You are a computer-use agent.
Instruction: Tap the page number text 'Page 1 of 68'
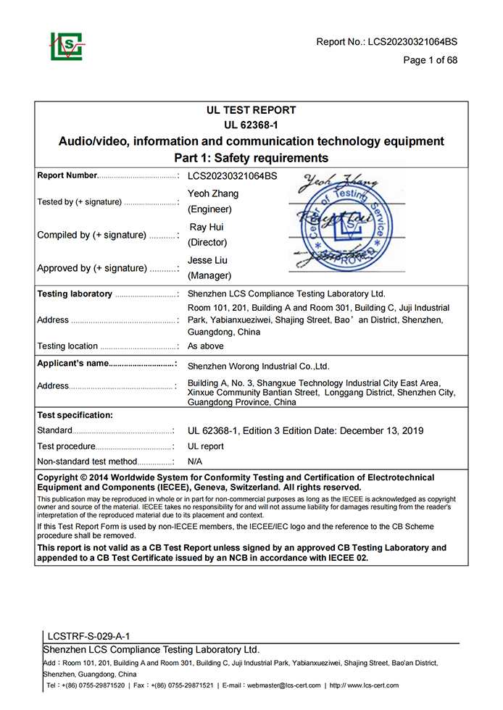tap(430, 60)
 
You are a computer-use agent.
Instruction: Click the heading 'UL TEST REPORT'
tap(251, 110)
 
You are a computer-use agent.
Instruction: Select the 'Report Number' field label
tap(67, 175)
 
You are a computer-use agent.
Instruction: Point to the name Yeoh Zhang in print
tap(212, 193)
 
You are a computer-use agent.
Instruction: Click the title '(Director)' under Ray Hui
tap(207, 242)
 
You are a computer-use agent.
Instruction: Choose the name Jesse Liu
tap(210, 259)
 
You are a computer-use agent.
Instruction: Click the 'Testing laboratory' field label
tap(75, 294)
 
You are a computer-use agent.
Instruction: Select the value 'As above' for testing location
tap(205, 346)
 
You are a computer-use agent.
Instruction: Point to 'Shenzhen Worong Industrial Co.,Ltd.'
tap(258, 367)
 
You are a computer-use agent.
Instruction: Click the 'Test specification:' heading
tap(75, 415)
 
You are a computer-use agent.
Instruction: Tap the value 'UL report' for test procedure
tap(206, 446)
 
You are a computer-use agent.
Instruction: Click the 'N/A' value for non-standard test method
tap(195, 461)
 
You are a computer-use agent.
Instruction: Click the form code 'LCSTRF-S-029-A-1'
tap(88, 636)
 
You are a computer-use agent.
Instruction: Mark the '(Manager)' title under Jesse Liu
tap(209, 275)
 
